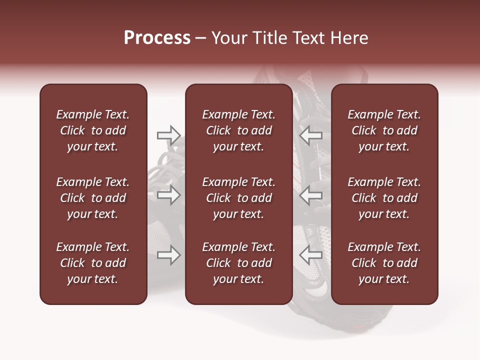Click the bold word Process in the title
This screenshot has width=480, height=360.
pos(157,38)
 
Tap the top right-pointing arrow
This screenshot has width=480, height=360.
pos(168,134)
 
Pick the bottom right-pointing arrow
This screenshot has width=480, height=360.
pos(168,255)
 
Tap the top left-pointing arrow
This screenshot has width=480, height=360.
pos(311,134)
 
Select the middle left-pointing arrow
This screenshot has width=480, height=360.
pos(311,195)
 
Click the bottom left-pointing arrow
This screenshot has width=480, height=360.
pos(311,255)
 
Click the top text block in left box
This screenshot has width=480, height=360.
pos(93,130)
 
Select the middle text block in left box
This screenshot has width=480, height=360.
pos(93,198)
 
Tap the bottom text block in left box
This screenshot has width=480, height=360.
pos(93,263)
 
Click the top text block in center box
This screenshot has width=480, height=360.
pos(238,130)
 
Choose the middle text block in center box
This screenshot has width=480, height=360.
pos(238,198)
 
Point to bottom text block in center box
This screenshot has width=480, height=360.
pos(238,263)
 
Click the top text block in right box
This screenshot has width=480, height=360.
pos(384,130)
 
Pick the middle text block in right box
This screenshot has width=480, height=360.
pos(384,198)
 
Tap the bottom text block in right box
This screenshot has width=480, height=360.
pos(384,263)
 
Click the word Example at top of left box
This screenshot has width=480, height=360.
pos(78,114)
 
